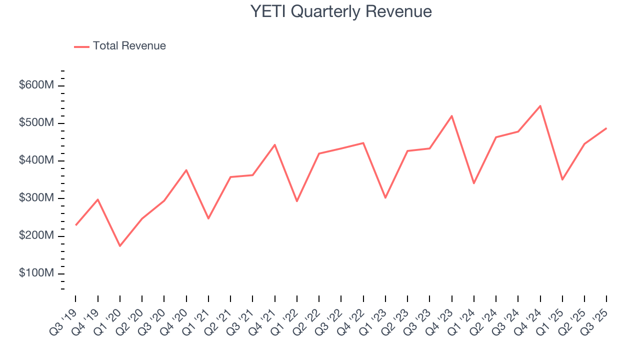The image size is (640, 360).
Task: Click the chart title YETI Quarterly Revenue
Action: tap(341, 11)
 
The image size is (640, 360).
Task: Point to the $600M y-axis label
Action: tap(36, 85)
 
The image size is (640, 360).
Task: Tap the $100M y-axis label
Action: tap(36, 273)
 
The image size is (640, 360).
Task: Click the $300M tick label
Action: tap(36, 198)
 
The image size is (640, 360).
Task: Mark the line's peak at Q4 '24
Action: tap(540, 106)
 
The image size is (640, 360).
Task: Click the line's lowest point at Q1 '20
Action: tap(120, 246)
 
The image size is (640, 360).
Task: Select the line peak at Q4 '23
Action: tap(452, 116)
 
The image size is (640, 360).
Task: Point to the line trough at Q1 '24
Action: tap(474, 183)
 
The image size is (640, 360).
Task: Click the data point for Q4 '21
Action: tap(275, 144)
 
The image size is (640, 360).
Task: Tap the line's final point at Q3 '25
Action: tap(606, 128)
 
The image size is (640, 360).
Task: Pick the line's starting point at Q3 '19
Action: tap(76, 225)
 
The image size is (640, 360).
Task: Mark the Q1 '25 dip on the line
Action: tap(562, 179)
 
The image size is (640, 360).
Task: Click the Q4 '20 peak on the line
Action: tap(186, 170)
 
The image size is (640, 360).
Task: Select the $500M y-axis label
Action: tap(36, 123)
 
